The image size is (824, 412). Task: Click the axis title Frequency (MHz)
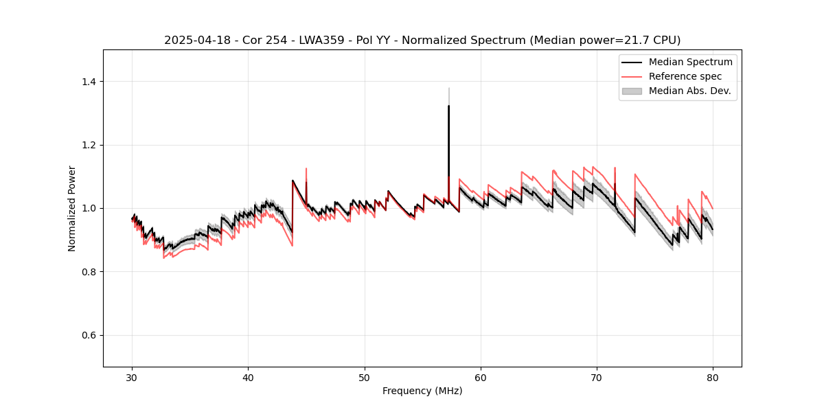(x=422, y=391)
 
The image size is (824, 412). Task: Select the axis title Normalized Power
(x=72, y=208)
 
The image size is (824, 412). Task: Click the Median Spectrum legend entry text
(x=690, y=62)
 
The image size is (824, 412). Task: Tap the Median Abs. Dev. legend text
(x=690, y=91)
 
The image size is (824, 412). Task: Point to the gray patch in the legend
(x=632, y=91)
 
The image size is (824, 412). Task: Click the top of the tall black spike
(x=448, y=106)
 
